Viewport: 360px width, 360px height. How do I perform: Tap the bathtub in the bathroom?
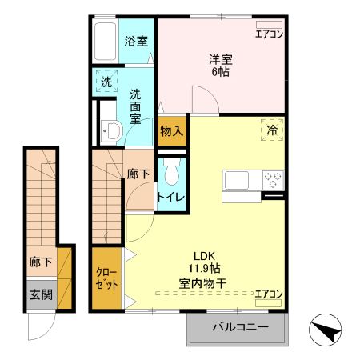[105, 40]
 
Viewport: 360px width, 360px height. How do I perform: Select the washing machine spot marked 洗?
[106, 82]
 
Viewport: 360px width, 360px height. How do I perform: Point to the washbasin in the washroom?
[111, 132]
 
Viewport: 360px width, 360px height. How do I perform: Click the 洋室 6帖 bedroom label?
[220, 64]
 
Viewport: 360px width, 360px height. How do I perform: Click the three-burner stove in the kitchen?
[273, 180]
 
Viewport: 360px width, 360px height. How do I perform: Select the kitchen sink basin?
[238, 180]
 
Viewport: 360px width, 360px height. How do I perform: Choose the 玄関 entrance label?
[42, 294]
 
